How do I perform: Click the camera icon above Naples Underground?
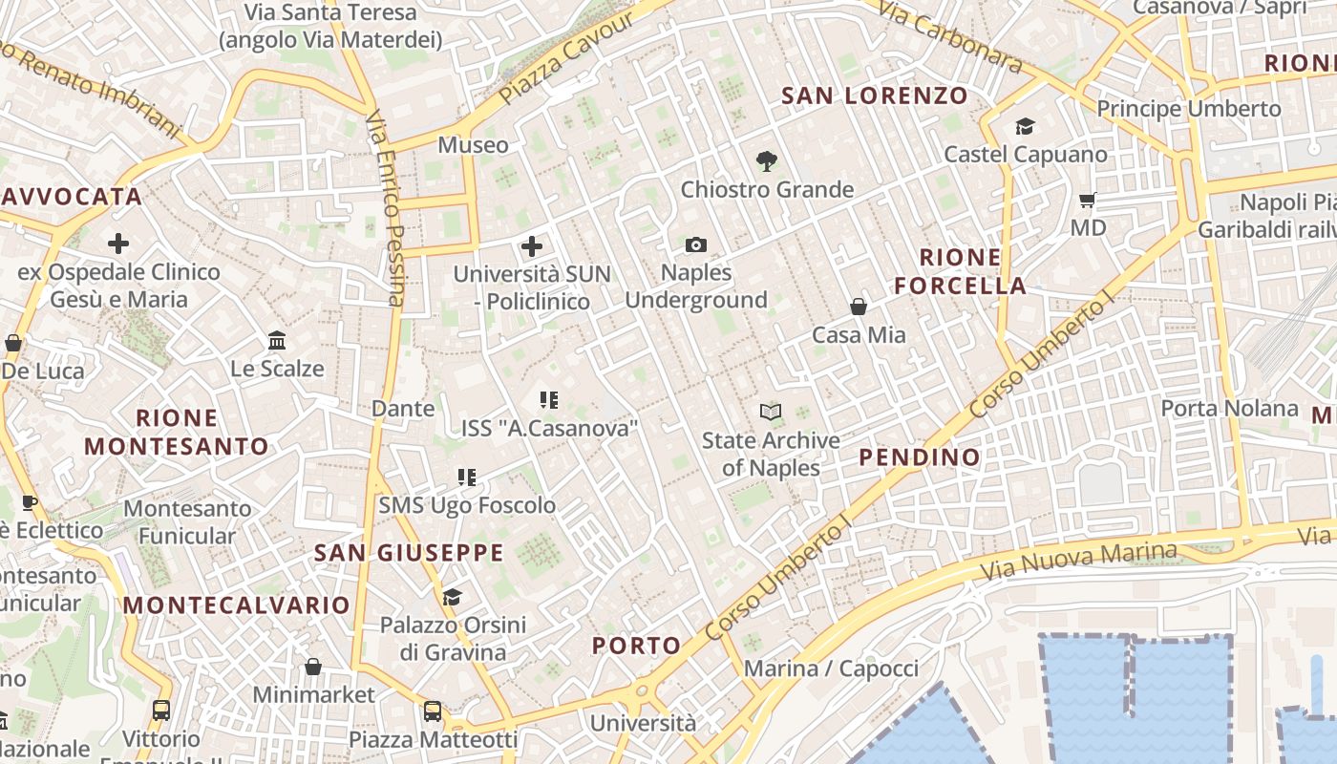[696, 245]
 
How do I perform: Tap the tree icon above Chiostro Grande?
[766, 161]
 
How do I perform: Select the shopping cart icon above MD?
[1087, 201]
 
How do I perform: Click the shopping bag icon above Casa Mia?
[859, 307]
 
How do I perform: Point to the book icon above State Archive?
[771, 412]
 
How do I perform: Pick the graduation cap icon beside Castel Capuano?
[1025, 127]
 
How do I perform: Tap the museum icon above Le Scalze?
[277, 340]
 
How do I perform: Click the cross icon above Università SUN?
[532, 247]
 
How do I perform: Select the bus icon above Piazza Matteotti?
[433, 711]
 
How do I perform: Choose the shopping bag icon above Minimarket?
[313, 667]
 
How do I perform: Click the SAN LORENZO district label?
[875, 95]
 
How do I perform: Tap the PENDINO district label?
[920, 457]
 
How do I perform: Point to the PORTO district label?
[637, 646]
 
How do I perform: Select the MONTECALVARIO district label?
[237, 605]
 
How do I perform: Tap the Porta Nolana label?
[1229, 409]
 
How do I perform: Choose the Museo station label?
[473, 145]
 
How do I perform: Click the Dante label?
[403, 409]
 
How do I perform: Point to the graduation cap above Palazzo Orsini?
[452, 598]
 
